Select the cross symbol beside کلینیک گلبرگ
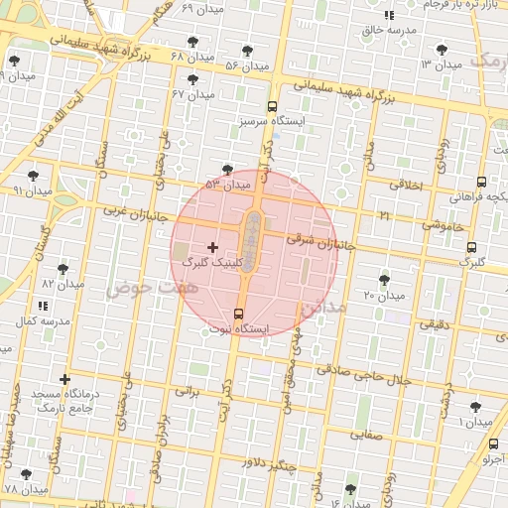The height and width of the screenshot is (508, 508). [x=212, y=246]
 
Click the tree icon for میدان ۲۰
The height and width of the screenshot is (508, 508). [x=385, y=280]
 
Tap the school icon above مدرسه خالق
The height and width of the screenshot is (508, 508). [x=389, y=16]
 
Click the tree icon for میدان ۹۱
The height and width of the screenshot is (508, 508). [x=33, y=175]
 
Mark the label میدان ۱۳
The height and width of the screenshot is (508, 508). [x=441, y=63]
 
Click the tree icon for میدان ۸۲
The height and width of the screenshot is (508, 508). [x=63, y=269]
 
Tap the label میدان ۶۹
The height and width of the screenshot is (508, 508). [x=202, y=7]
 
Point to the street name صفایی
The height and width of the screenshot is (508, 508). [x=365, y=434]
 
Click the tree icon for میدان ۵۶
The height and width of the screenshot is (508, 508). [x=246, y=51]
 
